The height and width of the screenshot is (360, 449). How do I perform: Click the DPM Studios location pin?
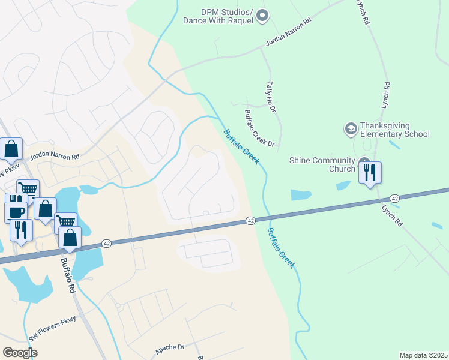pyautogui.click(x=262, y=16)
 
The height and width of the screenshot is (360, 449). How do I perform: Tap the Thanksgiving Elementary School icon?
pyautogui.click(x=351, y=128)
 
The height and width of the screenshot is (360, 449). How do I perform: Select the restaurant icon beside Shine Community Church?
pyautogui.click(x=370, y=173)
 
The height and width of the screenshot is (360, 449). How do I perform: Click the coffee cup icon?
pyautogui.click(x=16, y=212)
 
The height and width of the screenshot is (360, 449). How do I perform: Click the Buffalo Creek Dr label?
pyautogui.click(x=259, y=128)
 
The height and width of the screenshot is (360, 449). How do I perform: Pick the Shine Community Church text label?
pyautogui.click(x=322, y=164)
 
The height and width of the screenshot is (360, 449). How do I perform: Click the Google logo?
pyautogui.click(x=20, y=352)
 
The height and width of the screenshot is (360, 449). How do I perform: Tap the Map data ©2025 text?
pyautogui.click(x=423, y=355)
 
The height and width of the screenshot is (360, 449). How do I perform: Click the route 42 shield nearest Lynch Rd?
pyautogui.click(x=394, y=198)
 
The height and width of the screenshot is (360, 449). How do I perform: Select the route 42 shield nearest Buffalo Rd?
pyautogui.click(x=106, y=243)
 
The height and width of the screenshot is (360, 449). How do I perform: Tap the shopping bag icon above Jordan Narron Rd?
pyautogui.click(x=11, y=149)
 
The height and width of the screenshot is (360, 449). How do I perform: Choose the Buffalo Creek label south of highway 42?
pyautogui.click(x=281, y=247)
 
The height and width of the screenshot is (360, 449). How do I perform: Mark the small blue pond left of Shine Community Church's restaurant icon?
pyautogui.click(x=343, y=185)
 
